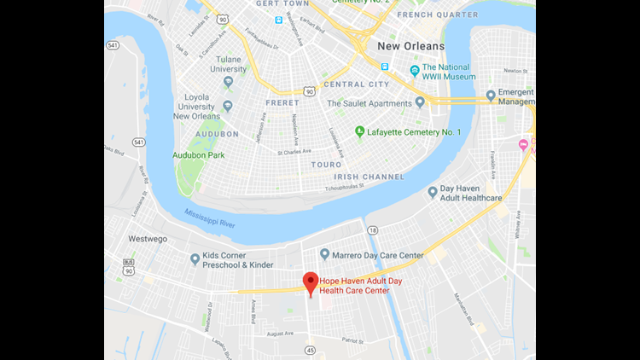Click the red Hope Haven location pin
click(311, 282)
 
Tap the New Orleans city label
click(410, 45)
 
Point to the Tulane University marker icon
click(228, 82)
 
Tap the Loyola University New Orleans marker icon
click(228, 107)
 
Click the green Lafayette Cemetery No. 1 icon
click(359, 131)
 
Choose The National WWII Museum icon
click(415, 70)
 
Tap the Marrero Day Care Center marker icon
click(324, 254)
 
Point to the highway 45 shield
click(310, 349)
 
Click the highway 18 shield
click(373, 229)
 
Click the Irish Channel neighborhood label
click(369, 176)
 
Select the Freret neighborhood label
click(282, 103)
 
